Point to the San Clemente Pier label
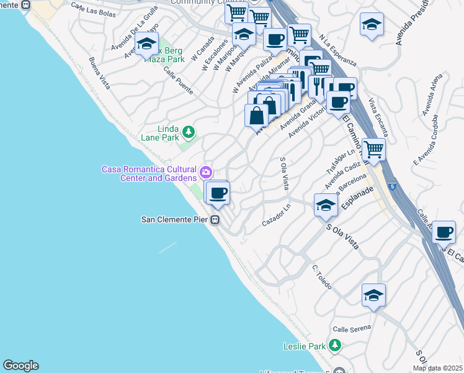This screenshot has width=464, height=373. pos(175,219)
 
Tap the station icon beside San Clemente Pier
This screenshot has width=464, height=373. pos(215,219)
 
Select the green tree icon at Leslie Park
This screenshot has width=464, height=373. pos(335,344)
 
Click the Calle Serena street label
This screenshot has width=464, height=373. pos(352,328)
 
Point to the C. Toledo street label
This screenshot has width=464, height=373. pos(322,277)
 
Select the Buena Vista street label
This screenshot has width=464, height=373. pos(99,73)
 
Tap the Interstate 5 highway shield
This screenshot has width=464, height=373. pos(392,186)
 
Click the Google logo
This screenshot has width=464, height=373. pos(20,366)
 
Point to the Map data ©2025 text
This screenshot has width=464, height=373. pos(437,368)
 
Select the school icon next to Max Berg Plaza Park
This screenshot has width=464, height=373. pos(146,44)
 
